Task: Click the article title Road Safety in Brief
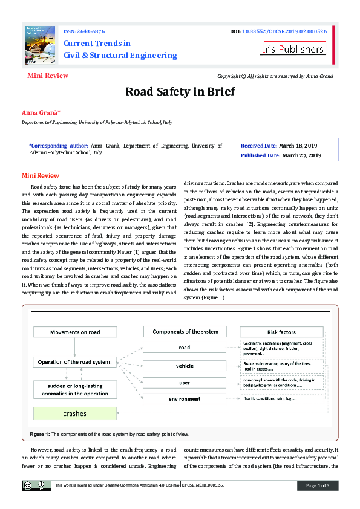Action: tap(180, 92)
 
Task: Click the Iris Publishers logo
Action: tap(293, 49)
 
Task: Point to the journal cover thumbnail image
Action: tap(41, 45)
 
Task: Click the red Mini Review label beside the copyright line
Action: tap(48, 76)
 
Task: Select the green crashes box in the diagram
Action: tap(75, 413)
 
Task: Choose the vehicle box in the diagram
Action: tap(185, 366)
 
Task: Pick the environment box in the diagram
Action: tap(185, 399)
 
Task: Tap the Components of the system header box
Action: tap(185, 331)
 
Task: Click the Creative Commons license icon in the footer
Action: tap(34, 485)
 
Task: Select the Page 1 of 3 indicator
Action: tap(317, 485)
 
